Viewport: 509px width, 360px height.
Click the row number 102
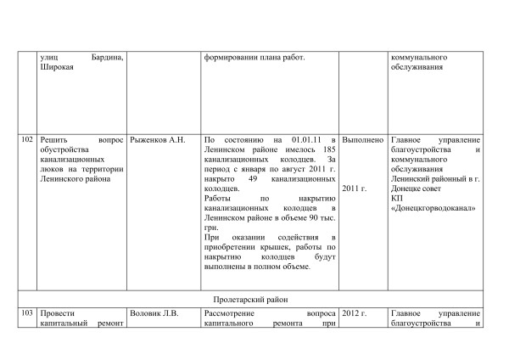coord(27,139)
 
